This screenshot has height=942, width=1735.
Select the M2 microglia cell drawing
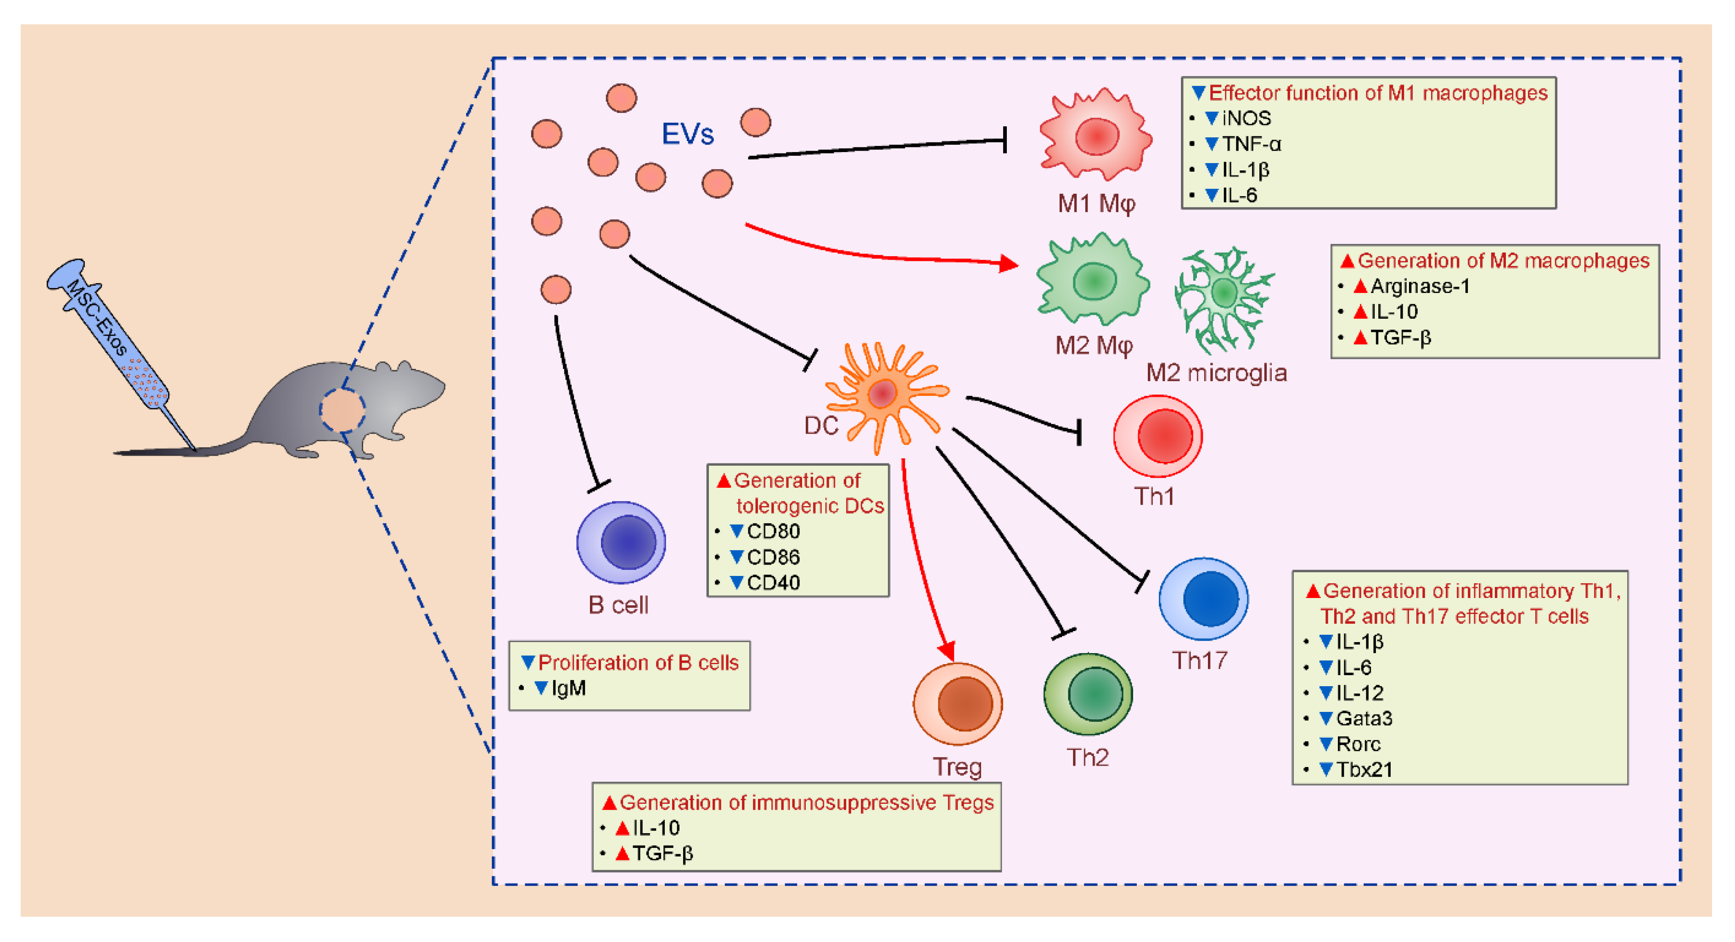click(1223, 297)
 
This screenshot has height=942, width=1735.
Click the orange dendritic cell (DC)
click(883, 394)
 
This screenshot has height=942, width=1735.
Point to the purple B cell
click(621, 542)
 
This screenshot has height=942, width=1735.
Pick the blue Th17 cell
click(1204, 598)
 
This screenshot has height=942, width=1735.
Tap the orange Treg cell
click(958, 704)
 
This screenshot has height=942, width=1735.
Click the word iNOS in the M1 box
click(1246, 118)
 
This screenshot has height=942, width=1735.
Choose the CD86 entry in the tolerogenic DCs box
click(773, 557)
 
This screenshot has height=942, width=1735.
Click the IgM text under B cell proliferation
click(568, 688)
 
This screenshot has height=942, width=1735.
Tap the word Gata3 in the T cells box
click(1364, 718)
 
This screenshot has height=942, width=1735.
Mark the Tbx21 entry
click(1364, 769)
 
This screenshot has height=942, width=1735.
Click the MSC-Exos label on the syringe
click(98, 317)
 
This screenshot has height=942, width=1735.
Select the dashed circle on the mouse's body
click(342, 410)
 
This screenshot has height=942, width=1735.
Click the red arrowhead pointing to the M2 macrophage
click(1008, 264)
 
